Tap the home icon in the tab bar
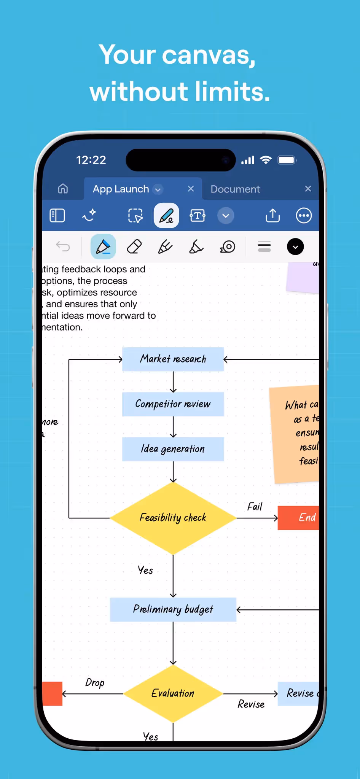(x=63, y=189)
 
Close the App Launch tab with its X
(x=191, y=189)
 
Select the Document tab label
(x=235, y=189)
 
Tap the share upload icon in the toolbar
(x=272, y=215)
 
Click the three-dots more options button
(x=304, y=215)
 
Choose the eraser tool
(x=134, y=247)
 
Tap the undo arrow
(x=63, y=246)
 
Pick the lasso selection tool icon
(x=135, y=215)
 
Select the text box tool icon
(x=197, y=215)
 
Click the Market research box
(x=173, y=359)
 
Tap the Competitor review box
(x=173, y=404)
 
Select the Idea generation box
(x=173, y=449)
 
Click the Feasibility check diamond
(x=173, y=518)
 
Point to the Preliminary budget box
(x=173, y=609)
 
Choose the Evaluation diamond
(x=173, y=693)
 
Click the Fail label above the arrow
(x=255, y=507)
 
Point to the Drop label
(x=95, y=683)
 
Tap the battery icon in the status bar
(x=287, y=160)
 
